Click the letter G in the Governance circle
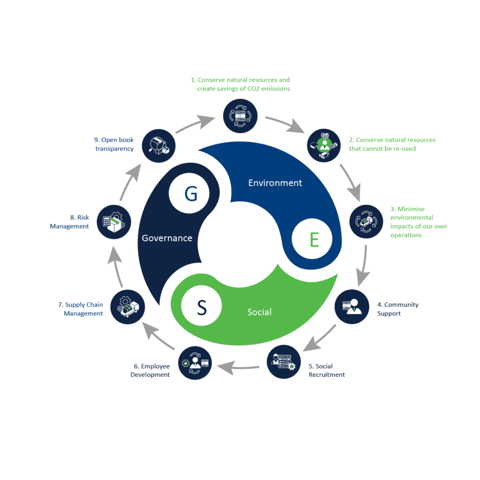tap(191, 194)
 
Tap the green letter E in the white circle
tap(314, 240)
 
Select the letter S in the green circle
tap(202, 308)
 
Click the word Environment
tap(275, 183)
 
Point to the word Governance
tap(167, 239)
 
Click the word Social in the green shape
tap(259, 312)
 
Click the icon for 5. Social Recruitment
tap(284, 362)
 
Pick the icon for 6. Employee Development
tap(195, 363)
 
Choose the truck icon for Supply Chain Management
tap(128, 308)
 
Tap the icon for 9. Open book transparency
tap(159, 145)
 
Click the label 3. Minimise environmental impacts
tap(418, 222)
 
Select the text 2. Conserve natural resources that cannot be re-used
tap(392, 144)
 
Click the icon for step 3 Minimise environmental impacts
tap(366, 221)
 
